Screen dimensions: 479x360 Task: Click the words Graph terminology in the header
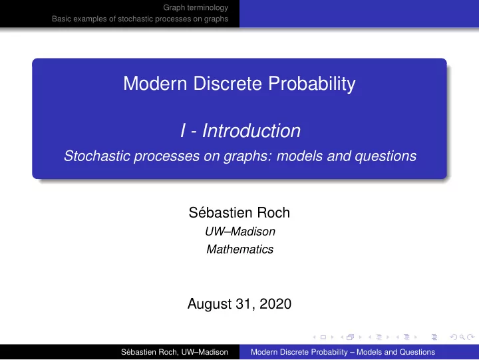click(196, 7)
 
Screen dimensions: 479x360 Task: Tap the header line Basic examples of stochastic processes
click(140, 19)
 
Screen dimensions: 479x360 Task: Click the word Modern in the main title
click(155, 83)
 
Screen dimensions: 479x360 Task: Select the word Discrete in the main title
click(228, 83)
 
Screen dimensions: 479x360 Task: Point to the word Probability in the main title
click(312, 84)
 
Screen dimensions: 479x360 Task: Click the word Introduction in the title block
click(251, 131)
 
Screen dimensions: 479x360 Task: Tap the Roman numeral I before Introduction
click(183, 131)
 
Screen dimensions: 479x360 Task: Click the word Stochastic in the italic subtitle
click(97, 156)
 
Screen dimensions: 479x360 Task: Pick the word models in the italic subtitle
click(299, 156)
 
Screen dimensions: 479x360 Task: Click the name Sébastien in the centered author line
click(221, 212)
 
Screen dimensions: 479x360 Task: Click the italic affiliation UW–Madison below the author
click(240, 232)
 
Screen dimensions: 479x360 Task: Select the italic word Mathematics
click(239, 250)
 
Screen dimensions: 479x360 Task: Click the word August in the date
click(210, 304)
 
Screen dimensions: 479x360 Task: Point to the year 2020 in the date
click(275, 303)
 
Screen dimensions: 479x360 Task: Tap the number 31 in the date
click(244, 304)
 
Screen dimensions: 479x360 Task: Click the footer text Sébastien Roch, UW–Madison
click(174, 352)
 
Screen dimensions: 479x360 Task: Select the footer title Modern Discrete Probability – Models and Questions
click(343, 352)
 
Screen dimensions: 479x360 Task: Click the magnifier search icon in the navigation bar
click(462, 337)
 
